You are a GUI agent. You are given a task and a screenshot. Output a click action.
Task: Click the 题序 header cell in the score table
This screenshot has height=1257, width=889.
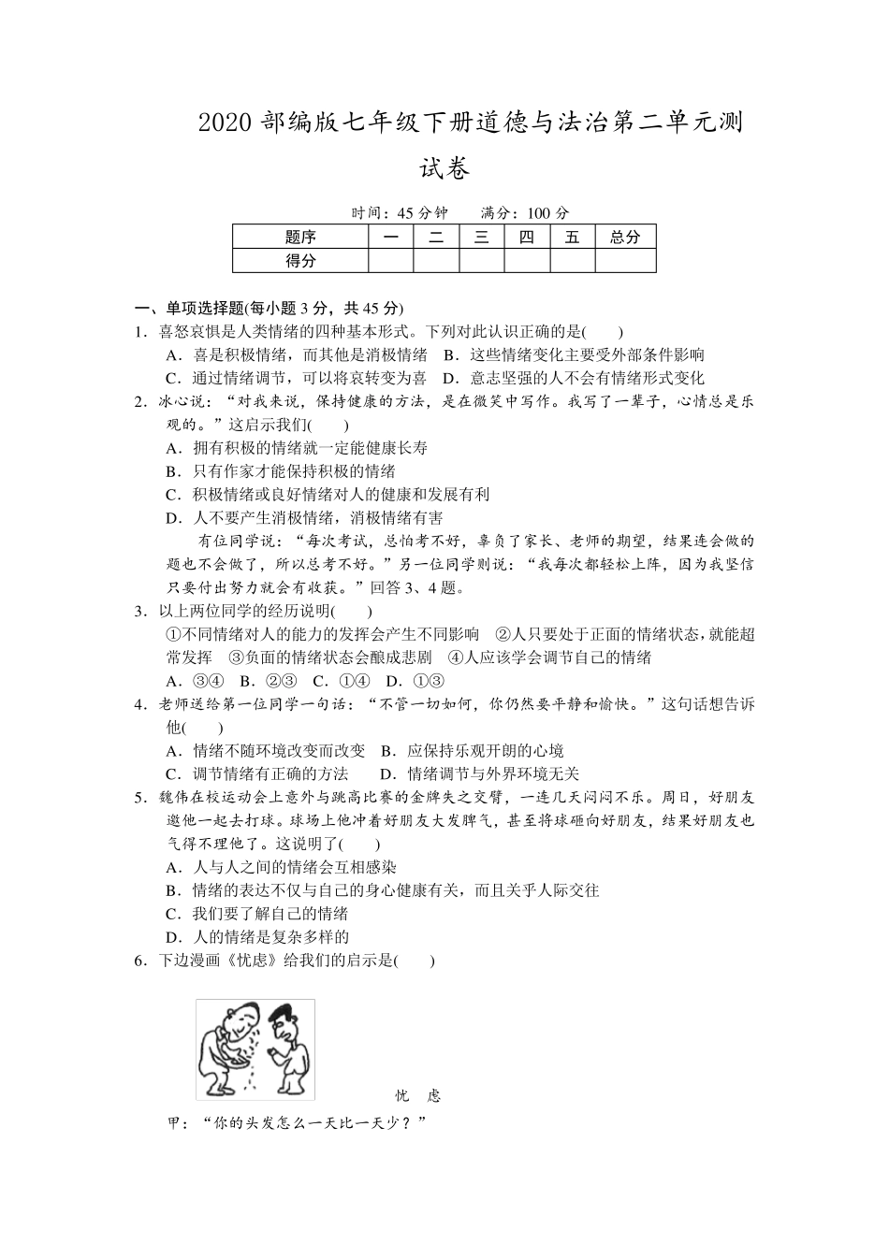click(300, 238)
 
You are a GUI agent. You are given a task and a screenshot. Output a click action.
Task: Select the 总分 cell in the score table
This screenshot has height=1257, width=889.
click(625, 238)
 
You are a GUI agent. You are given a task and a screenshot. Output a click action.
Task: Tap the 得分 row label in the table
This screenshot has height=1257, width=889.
click(300, 261)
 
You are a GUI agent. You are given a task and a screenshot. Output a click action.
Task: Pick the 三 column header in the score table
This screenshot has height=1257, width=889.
click(482, 238)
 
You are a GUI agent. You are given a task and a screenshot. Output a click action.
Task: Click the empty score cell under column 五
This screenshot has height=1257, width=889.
click(573, 261)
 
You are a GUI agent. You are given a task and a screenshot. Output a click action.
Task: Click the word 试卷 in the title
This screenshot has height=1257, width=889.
click(444, 168)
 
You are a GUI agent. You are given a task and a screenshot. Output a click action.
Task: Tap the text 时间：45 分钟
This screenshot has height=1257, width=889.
click(400, 213)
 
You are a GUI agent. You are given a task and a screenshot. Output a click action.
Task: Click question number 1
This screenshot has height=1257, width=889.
click(139, 331)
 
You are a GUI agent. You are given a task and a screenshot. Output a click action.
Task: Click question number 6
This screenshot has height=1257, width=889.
click(139, 961)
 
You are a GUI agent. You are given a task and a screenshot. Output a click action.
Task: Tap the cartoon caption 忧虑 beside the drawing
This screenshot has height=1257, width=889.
click(417, 1096)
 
